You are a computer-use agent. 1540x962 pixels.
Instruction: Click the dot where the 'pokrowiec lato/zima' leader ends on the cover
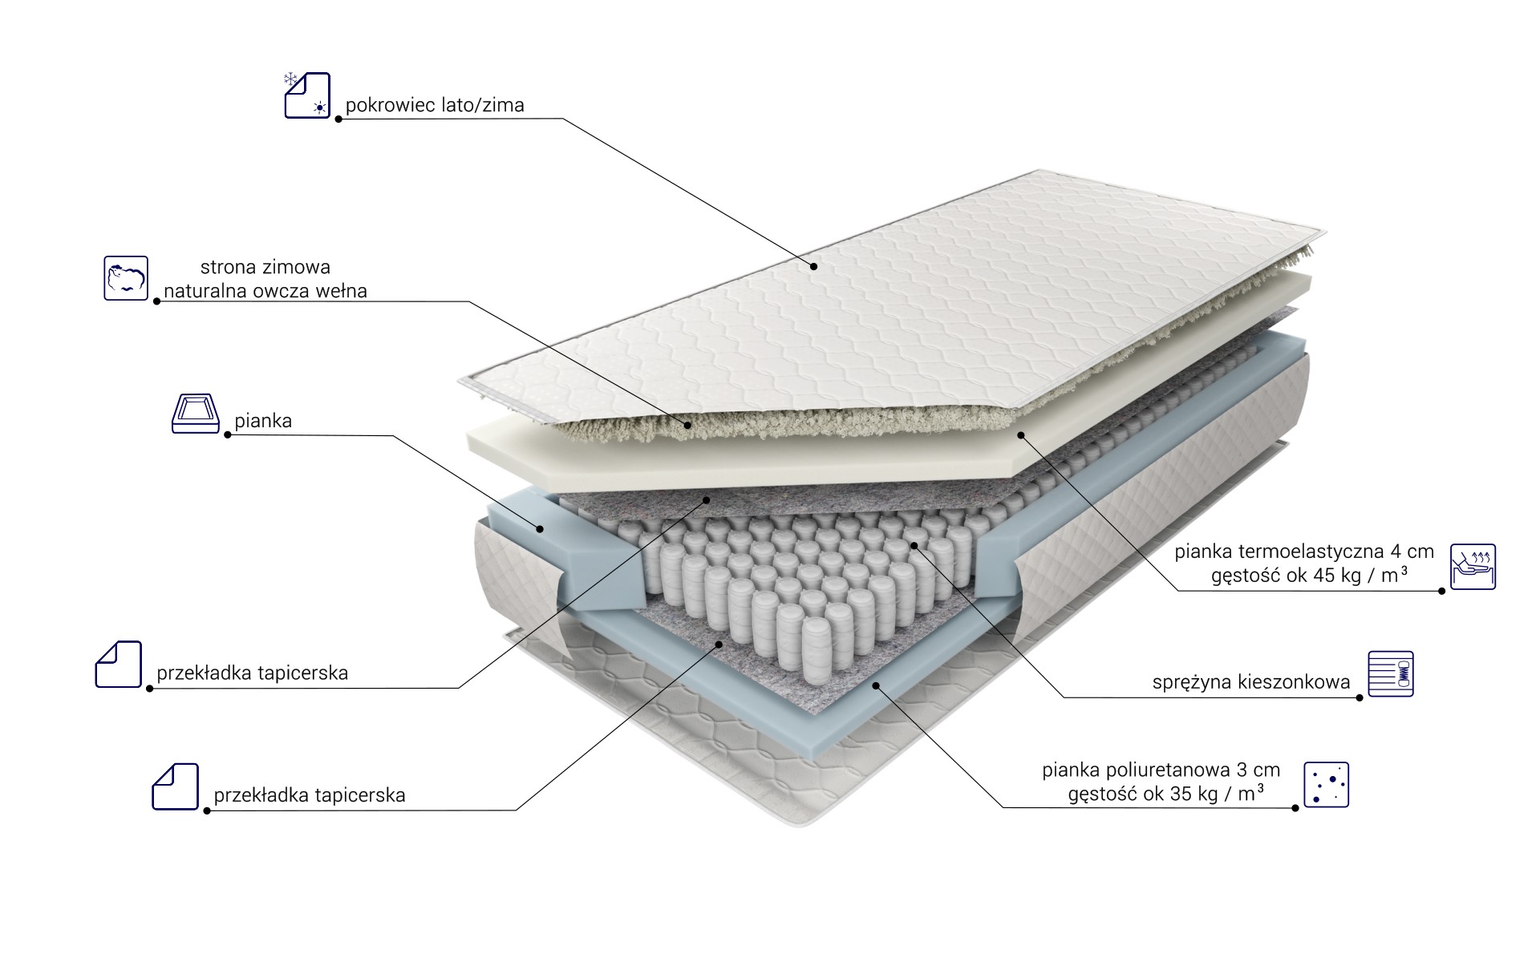[813, 266]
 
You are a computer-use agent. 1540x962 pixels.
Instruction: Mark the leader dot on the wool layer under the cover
[687, 425]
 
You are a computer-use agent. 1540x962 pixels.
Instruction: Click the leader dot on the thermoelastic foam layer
[1021, 435]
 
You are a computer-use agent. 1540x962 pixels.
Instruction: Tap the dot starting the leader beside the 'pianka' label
[228, 435]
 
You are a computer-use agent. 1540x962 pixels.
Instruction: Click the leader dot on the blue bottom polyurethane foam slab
[877, 685]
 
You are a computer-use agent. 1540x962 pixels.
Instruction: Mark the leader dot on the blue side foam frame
[541, 529]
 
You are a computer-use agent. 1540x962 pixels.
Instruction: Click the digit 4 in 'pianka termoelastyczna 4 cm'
[1396, 552]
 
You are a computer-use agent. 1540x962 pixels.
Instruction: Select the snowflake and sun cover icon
[306, 95]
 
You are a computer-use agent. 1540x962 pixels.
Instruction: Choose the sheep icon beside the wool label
[126, 278]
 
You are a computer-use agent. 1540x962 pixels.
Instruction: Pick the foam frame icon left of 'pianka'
[196, 414]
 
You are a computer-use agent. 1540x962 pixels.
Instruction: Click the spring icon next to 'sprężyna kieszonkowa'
[1391, 673]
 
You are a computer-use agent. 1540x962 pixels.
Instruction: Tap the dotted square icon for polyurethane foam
[1327, 784]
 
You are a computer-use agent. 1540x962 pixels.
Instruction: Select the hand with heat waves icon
[1473, 567]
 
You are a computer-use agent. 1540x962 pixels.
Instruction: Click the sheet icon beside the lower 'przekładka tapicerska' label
[176, 786]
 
